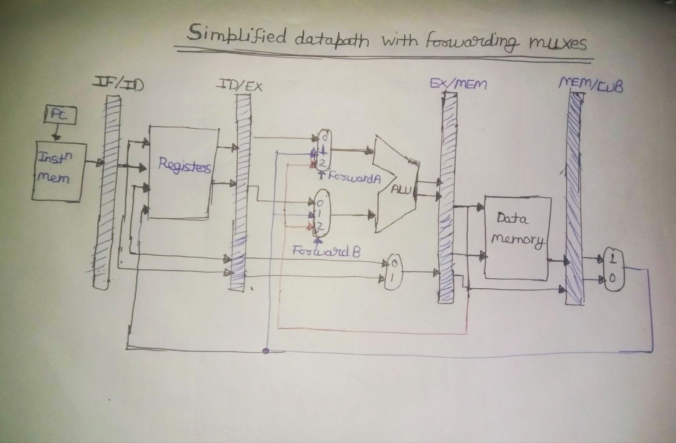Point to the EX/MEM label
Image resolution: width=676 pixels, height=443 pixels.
click(458, 84)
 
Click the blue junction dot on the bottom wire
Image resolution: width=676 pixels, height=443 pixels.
click(265, 351)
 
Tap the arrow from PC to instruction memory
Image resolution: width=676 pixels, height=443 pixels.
click(57, 133)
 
